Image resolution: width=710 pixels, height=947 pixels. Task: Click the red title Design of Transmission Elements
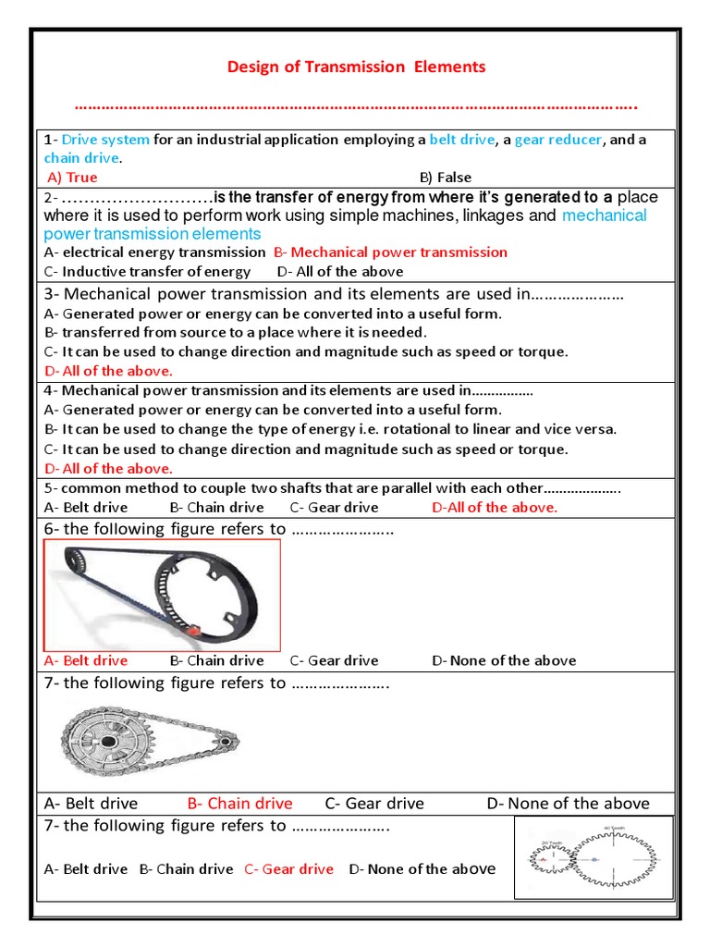click(356, 67)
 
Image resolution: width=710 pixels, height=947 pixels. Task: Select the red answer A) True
click(72, 178)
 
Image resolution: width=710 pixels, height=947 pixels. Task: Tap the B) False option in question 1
click(445, 178)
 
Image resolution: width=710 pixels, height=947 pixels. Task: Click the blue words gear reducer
click(558, 140)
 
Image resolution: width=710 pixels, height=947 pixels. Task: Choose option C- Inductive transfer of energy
click(147, 271)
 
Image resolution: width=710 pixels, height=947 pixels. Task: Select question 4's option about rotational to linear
click(330, 429)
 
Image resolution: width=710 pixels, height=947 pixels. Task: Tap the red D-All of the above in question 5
click(495, 507)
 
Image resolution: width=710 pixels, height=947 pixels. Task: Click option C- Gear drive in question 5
click(334, 507)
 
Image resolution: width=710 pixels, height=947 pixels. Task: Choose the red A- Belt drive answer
click(86, 660)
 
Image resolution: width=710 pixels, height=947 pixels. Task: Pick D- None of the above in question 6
click(504, 660)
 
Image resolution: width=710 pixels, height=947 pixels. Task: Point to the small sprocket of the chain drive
click(223, 740)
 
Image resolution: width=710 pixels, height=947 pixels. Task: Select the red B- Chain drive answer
click(239, 804)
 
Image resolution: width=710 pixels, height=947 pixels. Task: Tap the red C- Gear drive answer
click(288, 868)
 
